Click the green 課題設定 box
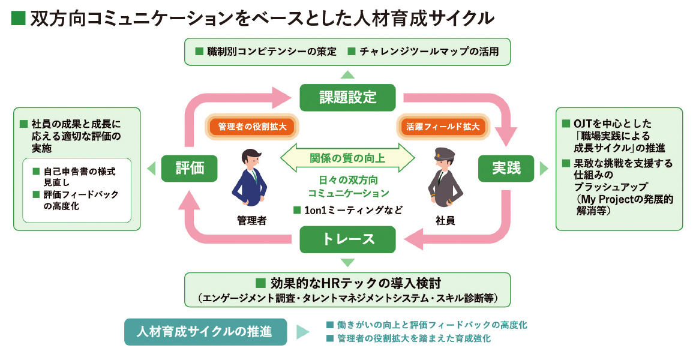click(347, 97)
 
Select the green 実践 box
click(506, 169)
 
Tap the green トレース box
click(347, 239)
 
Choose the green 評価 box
click(189, 169)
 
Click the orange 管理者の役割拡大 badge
click(251, 128)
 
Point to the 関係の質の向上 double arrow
click(347, 159)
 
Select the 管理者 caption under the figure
click(251, 220)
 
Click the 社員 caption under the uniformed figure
click(445, 220)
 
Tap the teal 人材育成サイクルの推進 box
click(205, 331)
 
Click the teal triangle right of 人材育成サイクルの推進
click(302, 332)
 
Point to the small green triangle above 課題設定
click(347, 74)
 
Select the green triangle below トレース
click(347, 263)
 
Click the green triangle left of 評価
click(151, 169)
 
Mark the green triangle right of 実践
click(544, 169)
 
